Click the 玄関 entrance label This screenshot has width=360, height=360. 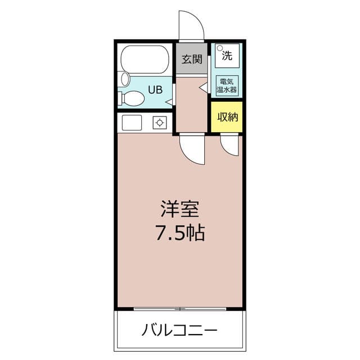(x=192, y=59)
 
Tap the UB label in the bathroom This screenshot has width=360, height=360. (x=155, y=90)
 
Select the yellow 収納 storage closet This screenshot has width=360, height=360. (x=227, y=117)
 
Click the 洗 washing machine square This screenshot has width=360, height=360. (x=227, y=56)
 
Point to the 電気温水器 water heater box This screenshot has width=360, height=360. (x=227, y=85)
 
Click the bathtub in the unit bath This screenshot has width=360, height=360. (x=145, y=59)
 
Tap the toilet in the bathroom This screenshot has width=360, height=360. (x=131, y=99)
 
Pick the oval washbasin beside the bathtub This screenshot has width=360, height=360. (x=125, y=79)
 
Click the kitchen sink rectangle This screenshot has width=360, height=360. (x=132, y=123)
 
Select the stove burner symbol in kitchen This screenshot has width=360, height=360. (x=160, y=123)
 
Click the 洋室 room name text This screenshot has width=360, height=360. (x=180, y=209)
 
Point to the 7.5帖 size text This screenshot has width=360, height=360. (x=180, y=232)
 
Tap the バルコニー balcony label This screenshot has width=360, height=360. (x=179, y=330)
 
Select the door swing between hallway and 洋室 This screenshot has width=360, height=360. (x=188, y=156)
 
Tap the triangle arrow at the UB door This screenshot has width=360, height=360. (x=169, y=102)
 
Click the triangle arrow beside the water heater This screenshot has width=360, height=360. (x=203, y=88)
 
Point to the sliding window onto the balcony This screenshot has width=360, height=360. (x=180, y=309)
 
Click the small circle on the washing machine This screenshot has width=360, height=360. (x=220, y=48)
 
